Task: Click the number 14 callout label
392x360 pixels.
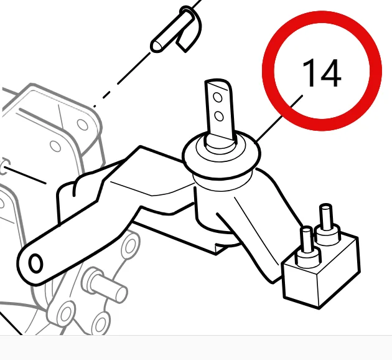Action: coord(322,73)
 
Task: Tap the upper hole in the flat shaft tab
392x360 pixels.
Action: coord(218,98)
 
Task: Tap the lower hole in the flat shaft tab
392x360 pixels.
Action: coord(219,116)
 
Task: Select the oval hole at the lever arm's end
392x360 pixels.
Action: coord(35,263)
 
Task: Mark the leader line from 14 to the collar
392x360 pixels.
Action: coord(279,118)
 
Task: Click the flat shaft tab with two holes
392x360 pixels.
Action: coord(220,110)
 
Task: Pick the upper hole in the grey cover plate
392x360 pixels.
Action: coord(82,125)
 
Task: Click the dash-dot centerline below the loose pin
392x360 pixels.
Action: coord(122,79)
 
